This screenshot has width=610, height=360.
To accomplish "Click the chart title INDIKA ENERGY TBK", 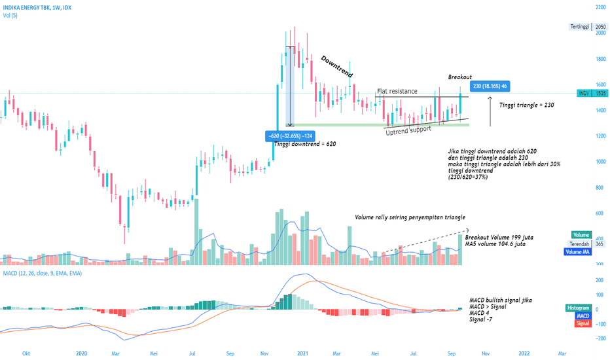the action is click(26, 7).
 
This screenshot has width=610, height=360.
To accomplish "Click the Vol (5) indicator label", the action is click(10, 16).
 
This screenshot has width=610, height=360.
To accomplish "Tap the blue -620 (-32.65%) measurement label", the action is click(290, 136).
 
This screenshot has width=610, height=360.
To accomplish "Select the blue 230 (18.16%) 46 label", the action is click(490, 86).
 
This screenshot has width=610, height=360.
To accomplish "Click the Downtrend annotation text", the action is click(337, 67).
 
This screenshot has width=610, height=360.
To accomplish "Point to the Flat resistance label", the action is click(397, 91).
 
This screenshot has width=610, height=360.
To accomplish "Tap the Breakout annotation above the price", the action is click(460, 77).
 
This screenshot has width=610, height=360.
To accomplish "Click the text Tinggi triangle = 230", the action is click(527, 105).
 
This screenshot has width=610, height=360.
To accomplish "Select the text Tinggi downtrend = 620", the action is click(305, 144).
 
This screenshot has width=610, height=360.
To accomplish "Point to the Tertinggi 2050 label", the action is click(588, 27).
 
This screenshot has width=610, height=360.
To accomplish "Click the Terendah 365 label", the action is click(588, 244).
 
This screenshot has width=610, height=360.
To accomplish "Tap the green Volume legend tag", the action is click(581, 235).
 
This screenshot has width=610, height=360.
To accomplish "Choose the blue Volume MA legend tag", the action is click(578, 252).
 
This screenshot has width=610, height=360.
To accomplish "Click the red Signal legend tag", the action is click(583, 323).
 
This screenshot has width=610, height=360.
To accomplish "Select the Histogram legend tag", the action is click(579, 308).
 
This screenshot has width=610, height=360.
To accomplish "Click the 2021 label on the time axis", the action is click(302, 353).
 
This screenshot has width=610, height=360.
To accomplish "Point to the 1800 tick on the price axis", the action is click(600, 59).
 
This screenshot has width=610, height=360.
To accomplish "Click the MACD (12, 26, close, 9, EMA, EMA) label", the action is click(43, 273).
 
